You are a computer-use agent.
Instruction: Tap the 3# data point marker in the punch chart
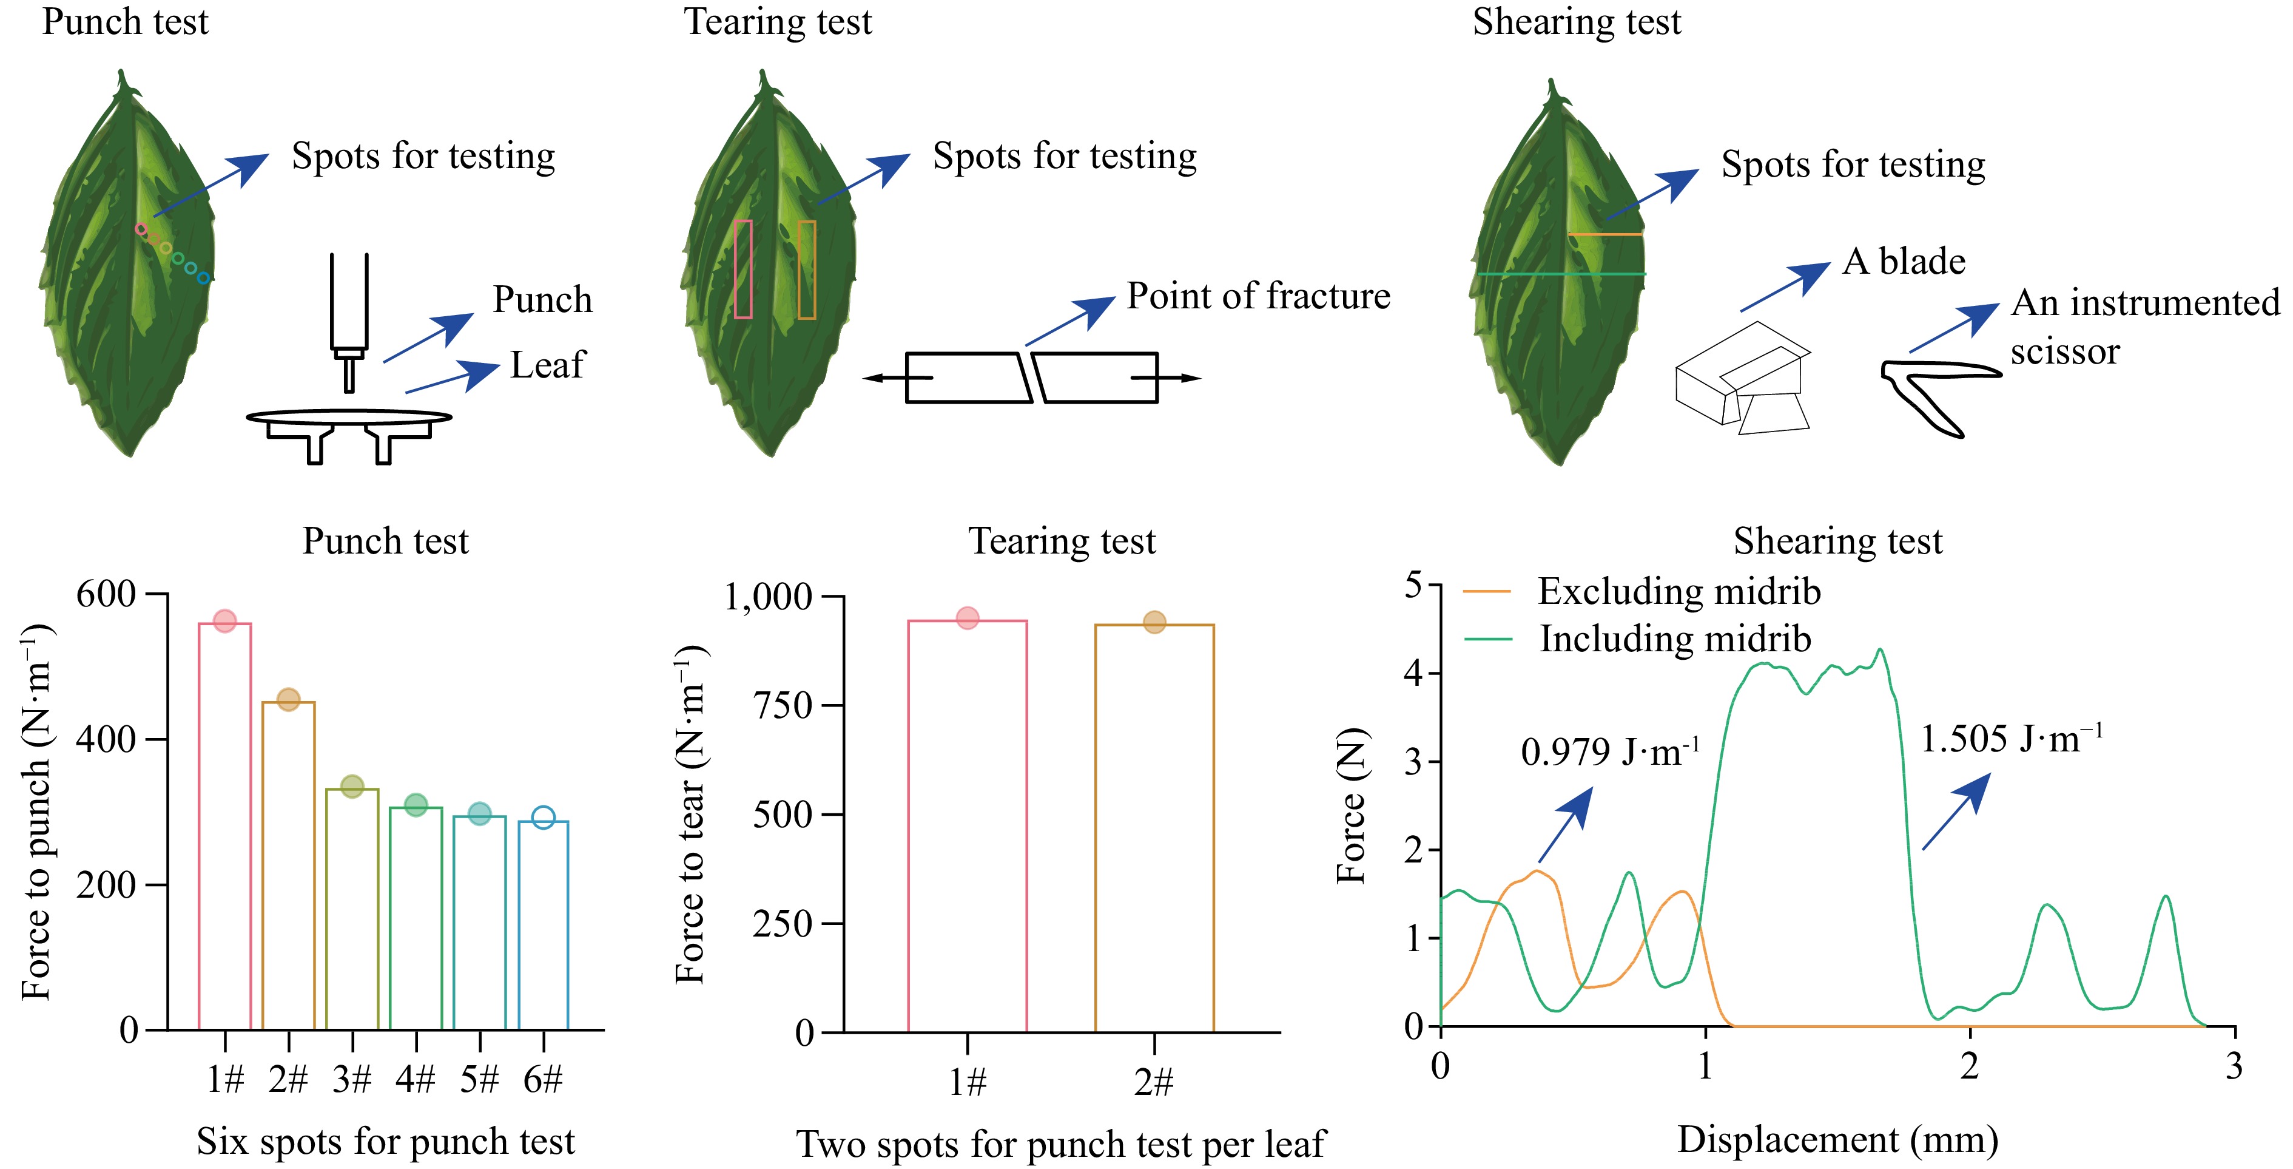coord(352,786)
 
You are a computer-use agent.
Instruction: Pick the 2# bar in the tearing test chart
coord(1154,828)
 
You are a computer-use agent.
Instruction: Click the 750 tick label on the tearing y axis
coord(783,705)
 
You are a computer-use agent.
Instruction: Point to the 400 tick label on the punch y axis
coord(106,739)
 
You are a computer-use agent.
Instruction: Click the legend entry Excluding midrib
coord(1678,591)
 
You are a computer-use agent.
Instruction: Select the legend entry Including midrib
coord(1674,639)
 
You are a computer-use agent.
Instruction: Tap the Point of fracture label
coord(1258,296)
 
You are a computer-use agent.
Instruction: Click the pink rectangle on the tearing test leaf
coord(743,269)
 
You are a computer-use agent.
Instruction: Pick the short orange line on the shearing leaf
coord(1605,235)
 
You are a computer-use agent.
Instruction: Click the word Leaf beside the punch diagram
coord(547,365)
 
